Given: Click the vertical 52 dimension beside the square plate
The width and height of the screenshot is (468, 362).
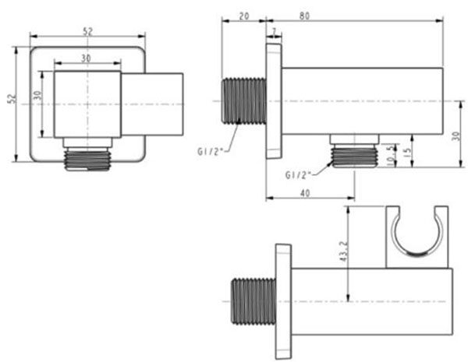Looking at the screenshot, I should coord(11,100).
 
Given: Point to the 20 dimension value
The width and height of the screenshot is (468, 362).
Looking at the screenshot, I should coord(243,14).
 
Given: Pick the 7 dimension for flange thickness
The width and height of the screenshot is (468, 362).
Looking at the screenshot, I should coord(274,31).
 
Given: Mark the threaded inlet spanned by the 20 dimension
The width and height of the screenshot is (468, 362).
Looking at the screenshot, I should coord(244,101).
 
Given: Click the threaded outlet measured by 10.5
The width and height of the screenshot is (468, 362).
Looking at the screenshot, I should coord(354,152).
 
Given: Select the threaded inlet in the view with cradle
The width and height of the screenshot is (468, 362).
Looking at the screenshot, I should coord(251,300).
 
